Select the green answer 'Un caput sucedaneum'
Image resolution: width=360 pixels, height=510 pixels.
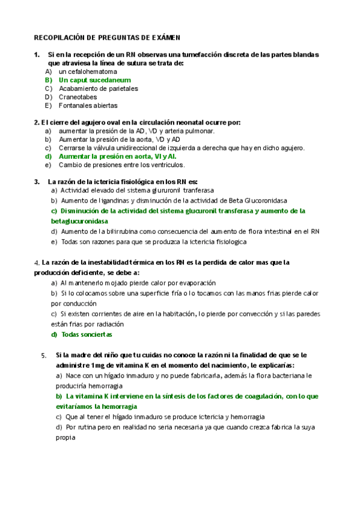(x=94, y=80)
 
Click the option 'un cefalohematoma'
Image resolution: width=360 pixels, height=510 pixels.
(x=87, y=72)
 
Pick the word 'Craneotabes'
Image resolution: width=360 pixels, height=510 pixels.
(x=78, y=97)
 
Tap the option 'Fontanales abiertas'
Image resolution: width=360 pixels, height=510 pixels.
(x=88, y=105)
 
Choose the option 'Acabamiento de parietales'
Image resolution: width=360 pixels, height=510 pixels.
(x=98, y=88)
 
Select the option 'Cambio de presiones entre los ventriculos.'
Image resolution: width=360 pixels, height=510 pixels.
(x=121, y=165)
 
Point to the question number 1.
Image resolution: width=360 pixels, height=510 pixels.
(x=37, y=55)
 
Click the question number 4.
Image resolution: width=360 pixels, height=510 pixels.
(x=36, y=263)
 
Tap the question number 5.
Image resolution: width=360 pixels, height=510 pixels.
(x=43, y=355)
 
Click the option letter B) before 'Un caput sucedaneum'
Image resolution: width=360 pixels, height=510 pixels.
(x=49, y=80)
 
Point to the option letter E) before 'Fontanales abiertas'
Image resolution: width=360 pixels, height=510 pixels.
(x=49, y=105)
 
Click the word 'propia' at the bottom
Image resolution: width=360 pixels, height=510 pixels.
(x=65, y=438)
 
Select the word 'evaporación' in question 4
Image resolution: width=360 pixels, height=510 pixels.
(x=196, y=283)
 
